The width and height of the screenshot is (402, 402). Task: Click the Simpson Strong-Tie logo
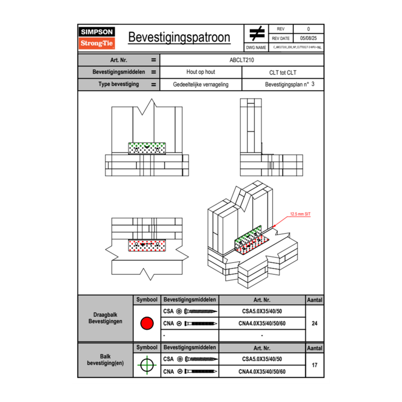click(97, 38)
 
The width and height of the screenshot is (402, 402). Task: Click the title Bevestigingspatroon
click(179, 37)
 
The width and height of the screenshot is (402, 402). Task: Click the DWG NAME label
click(256, 47)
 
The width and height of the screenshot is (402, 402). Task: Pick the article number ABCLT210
click(242, 60)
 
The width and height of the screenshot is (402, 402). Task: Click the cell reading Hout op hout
click(201, 72)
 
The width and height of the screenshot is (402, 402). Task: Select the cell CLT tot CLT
click(283, 72)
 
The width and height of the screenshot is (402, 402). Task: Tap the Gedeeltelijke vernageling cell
click(201, 85)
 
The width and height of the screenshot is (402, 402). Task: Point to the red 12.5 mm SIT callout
click(300, 214)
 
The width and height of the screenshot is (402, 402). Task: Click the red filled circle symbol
click(146, 323)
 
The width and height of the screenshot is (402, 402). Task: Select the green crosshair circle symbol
click(146, 365)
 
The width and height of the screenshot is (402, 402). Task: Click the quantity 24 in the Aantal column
click(314, 323)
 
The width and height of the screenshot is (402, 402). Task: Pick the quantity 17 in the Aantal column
click(314, 365)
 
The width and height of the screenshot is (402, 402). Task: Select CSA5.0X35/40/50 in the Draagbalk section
click(262, 312)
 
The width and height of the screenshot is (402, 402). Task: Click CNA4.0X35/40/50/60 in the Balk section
click(262, 371)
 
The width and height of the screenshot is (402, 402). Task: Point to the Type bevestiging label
click(118, 85)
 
